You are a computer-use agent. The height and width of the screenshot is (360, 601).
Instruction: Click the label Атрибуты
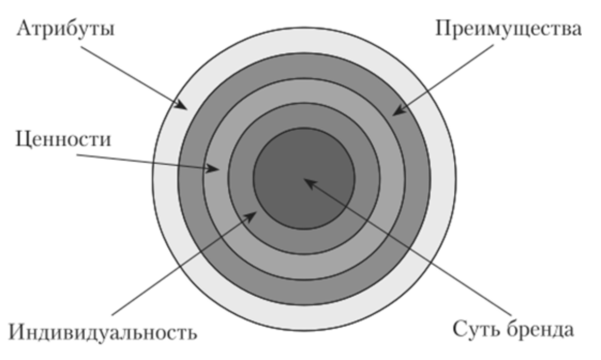tap(66, 29)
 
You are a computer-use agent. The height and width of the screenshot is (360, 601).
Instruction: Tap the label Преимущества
tap(507, 29)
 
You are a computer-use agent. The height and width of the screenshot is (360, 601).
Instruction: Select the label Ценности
tap(64, 140)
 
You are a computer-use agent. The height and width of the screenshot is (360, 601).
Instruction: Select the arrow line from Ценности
tap(145, 162)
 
